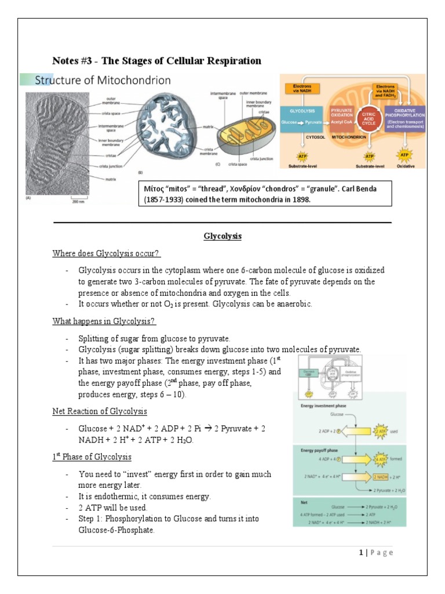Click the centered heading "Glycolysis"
(x=222, y=237)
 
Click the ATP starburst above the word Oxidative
(x=404, y=155)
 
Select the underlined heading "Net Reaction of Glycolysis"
(x=99, y=411)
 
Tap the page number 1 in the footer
(x=361, y=552)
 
